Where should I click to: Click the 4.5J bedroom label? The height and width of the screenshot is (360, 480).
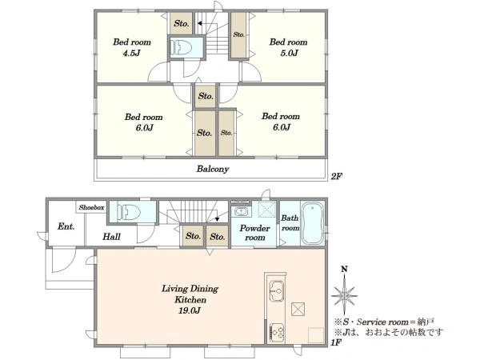132,47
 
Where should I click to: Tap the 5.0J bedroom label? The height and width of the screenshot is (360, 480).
288,47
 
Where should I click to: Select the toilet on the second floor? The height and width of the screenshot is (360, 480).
182,47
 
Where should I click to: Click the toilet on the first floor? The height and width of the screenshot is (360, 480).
129,211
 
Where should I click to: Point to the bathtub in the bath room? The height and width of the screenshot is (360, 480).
312,223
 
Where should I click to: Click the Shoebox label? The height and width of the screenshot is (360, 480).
91,207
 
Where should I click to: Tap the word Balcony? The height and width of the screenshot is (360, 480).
213,169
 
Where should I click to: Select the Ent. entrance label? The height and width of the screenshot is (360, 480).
66,226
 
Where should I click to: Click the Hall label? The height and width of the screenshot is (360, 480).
111,236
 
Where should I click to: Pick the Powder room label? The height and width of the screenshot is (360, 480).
254,233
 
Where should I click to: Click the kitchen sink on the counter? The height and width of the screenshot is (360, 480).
277,290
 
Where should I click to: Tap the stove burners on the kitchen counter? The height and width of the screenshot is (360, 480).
277,333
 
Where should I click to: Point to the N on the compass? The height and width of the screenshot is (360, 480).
344,269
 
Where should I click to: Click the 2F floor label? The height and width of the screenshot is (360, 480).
336,176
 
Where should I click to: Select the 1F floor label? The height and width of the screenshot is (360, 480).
336,342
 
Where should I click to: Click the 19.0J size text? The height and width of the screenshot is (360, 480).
190,310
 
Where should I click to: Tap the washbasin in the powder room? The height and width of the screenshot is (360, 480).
241,211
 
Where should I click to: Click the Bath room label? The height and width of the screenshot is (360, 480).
290,223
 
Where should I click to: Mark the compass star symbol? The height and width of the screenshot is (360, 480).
344,295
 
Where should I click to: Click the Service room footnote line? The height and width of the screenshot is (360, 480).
384,322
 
